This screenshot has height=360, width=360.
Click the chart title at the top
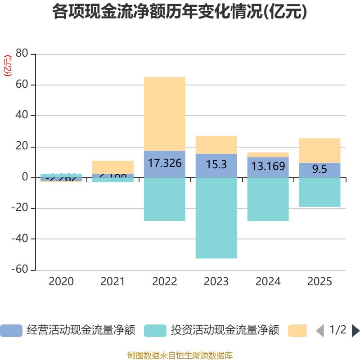click(180, 12)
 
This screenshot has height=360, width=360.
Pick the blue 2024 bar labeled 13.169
click(268, 167)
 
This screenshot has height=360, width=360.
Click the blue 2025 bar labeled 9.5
click(319, 170)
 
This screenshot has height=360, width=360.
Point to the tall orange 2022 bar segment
click(164, 113)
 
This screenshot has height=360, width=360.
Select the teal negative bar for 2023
click(216, 218)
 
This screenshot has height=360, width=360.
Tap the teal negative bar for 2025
click(319, 192)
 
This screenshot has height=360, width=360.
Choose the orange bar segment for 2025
click(319, 150)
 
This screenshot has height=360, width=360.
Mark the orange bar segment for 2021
click(112, 167)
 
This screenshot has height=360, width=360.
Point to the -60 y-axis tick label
click(21, 270)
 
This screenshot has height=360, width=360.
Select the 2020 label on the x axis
click(61, 282)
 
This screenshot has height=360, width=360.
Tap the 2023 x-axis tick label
click(216, 282)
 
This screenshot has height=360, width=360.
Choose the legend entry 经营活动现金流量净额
click(67, 330)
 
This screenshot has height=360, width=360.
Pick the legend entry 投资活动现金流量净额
click(211, 330)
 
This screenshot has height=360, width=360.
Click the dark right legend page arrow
click(355, 330)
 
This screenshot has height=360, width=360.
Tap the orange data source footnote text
click(180, 355)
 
